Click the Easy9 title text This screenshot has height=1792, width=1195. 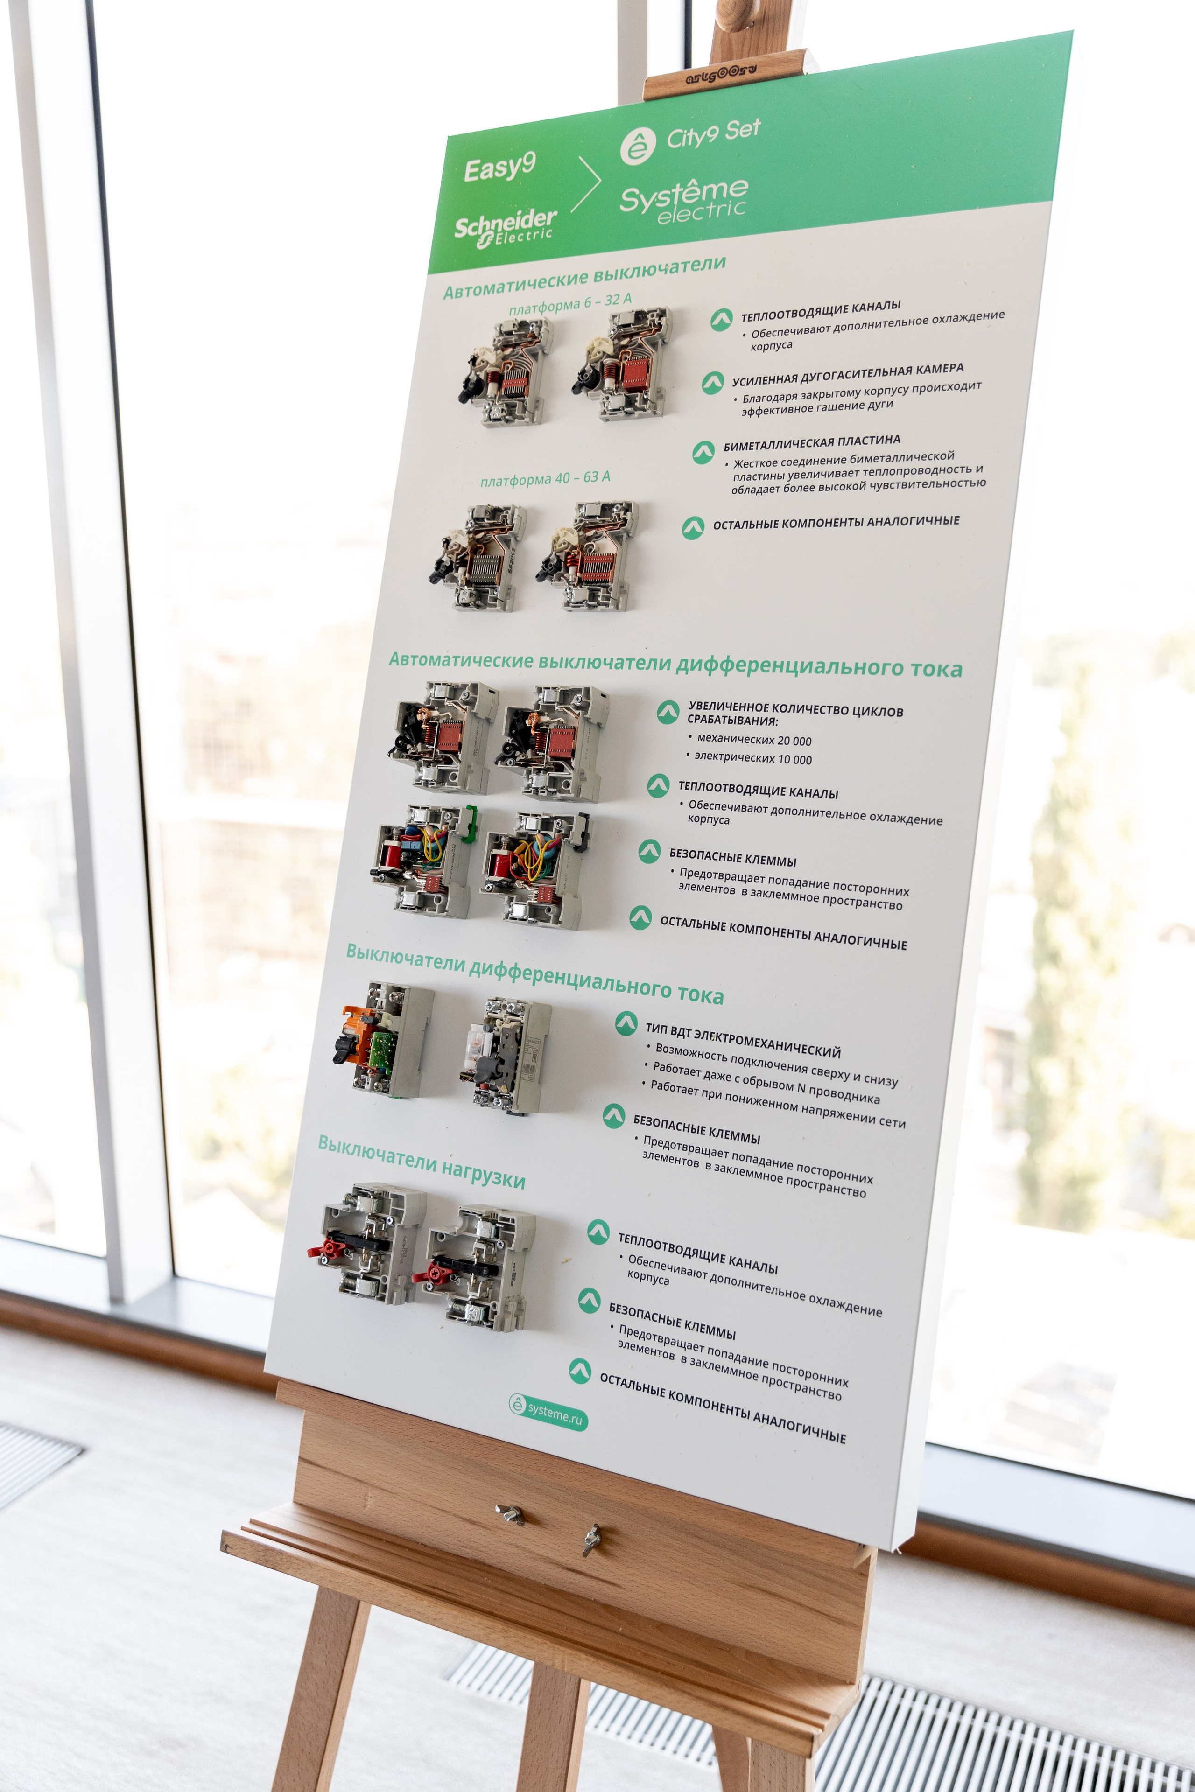point(500,167)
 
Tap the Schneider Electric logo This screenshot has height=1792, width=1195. point(505,227)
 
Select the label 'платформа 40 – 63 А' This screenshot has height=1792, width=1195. point(545,478)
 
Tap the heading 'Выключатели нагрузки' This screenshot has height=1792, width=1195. point(422,1161)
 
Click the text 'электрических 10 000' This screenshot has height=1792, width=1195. point(753,757)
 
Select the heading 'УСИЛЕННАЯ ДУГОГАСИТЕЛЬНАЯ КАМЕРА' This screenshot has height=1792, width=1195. point(848,374)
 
